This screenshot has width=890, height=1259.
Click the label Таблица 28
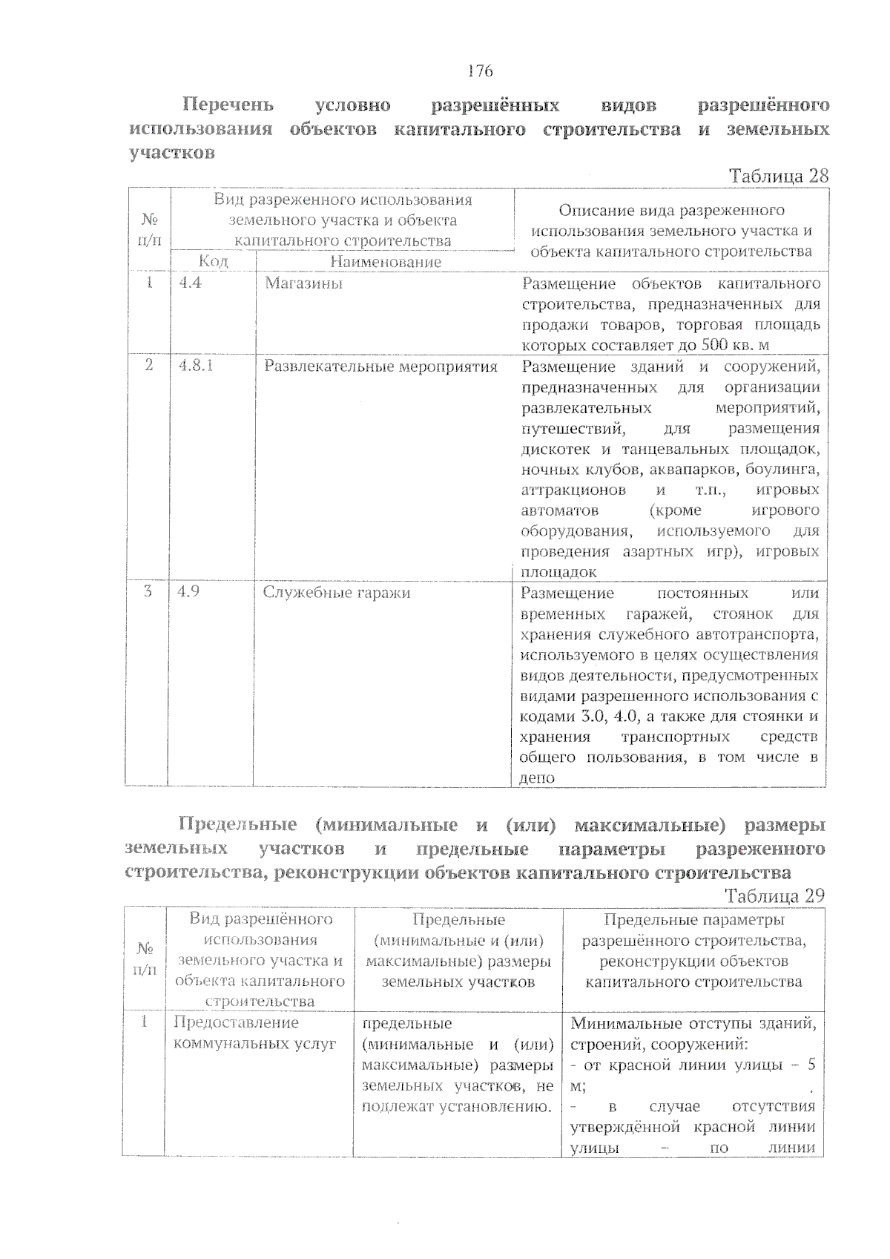pyautogui.click(x=778, y=176)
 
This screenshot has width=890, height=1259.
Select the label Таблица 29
pyautogui.click(x=775, y=895)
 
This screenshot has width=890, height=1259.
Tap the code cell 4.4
pyautogui.click(x=190, y=283)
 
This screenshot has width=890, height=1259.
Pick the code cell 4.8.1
pyautogui.click(x=196, y=366)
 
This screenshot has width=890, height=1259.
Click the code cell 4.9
pyautogui.click(x=190, y=592)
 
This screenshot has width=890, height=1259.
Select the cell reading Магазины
pyautogui.click(x=304, y=283)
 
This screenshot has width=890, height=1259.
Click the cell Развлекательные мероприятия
pyautogui.click(x=380, y=366)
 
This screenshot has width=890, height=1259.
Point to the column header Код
pyautogui.click(x=213, y=261)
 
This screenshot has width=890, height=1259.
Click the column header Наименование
pyautogui.click(x=385, y=261)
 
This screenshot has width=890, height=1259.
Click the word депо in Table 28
pyautogui.click(x=537, y=778)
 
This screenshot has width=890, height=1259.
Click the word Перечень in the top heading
pyautogui.click(x=228, y=105)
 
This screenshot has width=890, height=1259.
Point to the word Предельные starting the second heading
pyautogui.click(x=237, y=824)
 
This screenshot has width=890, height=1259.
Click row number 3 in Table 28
pyautogui.click(x=148, y=591)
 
